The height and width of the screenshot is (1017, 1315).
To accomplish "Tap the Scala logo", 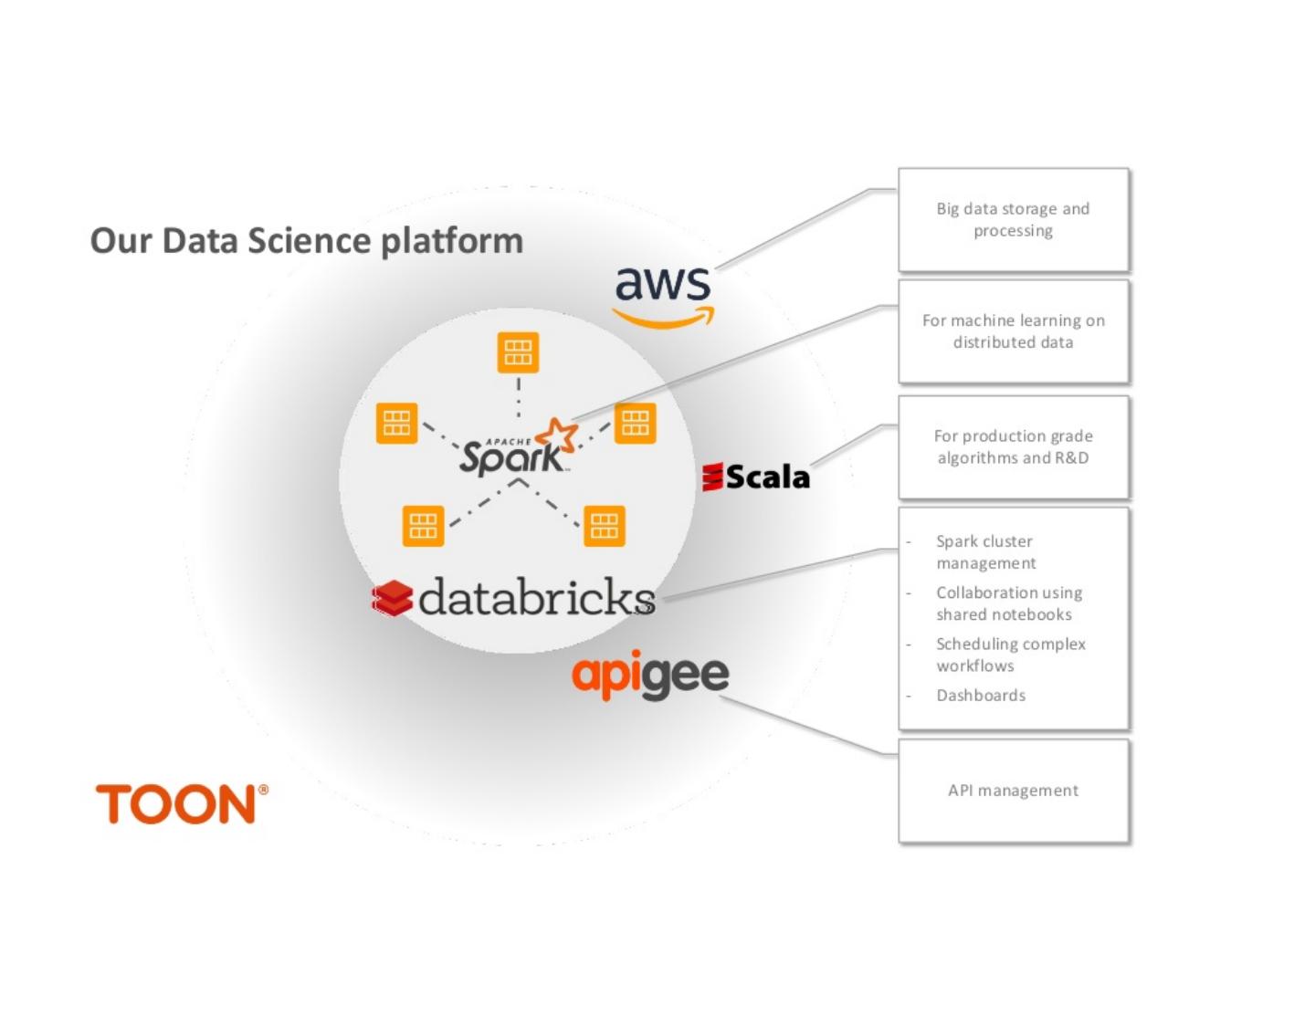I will pos(756,477).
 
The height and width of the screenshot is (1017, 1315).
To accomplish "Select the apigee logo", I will pos(650,676).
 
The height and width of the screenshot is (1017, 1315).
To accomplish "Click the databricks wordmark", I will pos(536,597).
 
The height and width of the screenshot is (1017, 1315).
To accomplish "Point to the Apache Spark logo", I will pos(517,449).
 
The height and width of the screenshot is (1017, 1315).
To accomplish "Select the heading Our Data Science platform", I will pos(307,241).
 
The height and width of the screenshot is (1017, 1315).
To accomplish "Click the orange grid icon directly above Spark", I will pos(518,352).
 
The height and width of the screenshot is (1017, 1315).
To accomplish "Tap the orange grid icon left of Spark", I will pos(396,424).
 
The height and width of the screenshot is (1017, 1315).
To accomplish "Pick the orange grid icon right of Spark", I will pos(635,424).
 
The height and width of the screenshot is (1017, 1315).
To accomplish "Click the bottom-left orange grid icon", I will pos(423,526).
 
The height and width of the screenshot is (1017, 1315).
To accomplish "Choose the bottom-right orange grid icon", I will pos(605,526).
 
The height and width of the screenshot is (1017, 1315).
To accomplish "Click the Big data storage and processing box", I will pos(1014,220).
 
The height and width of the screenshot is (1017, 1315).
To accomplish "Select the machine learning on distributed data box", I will pos(1014,331).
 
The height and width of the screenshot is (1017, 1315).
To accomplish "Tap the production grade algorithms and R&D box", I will pos(1014,447).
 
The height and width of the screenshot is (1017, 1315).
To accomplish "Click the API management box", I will pos(1014,791).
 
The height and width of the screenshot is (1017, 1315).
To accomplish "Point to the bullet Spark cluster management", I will pos(985,552).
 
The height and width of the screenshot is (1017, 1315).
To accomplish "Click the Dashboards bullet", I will pos(981,696).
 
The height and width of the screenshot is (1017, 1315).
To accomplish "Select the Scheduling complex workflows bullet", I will pos(1010,655).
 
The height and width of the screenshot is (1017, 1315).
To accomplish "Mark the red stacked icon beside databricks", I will pos(392,599).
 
